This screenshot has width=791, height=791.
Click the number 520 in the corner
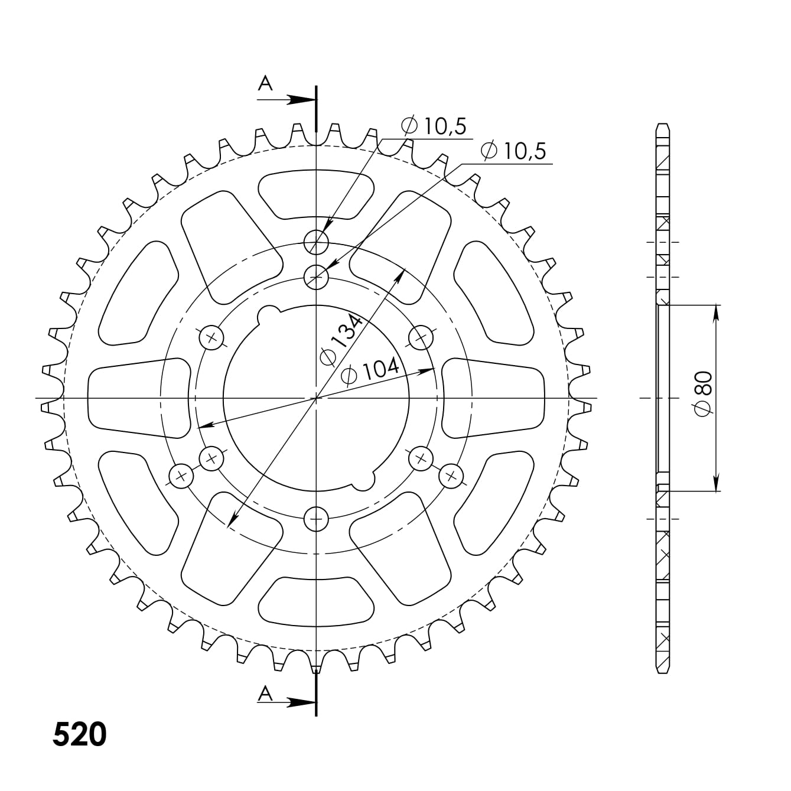click(x=80, y=734)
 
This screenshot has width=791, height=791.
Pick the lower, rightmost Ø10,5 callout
click(x=513, y=151)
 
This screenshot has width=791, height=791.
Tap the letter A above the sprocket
click(x=266, y=84)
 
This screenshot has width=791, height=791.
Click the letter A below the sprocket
click(x=266, y=694)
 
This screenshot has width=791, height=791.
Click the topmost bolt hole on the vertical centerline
click(x=316, y=241)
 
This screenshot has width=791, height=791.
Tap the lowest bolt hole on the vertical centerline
click(x=316, y=519)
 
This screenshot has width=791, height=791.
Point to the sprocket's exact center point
click(x=316, y=398)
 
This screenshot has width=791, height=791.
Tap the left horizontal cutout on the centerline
click(x=139, y=398)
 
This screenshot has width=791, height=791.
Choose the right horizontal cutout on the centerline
click(x=493, y=398)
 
